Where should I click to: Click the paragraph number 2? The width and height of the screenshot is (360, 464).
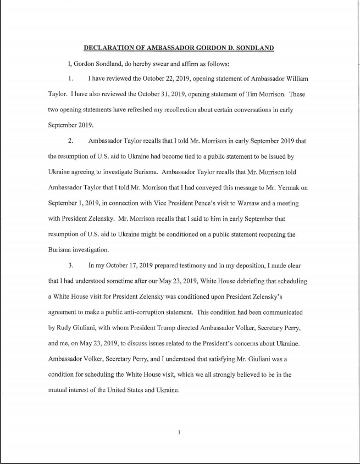click(x=70, y=141)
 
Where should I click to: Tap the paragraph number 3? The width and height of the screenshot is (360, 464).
click(x=70, y=265)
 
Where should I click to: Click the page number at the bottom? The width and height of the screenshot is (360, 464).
click(x=179, y=433)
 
